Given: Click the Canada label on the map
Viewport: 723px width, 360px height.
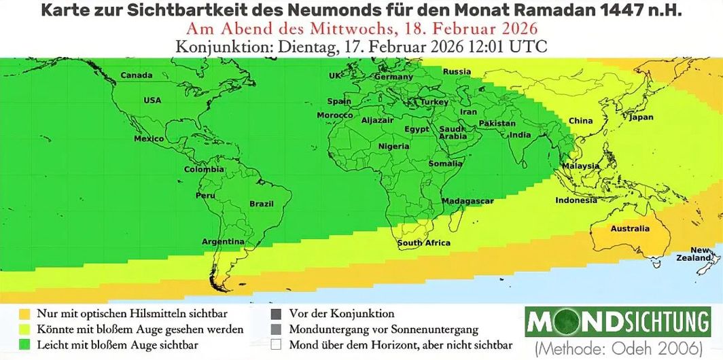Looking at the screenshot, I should tap(136, 75).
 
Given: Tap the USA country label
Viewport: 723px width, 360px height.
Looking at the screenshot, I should tap(152, 101).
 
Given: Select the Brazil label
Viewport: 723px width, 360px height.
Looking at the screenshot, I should tap(262, 204).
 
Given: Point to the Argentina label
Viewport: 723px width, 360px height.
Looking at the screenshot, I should tap(223, 242).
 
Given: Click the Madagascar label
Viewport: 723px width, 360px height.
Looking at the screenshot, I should tap(468, 202).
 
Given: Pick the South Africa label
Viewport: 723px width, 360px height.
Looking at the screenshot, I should tap(424, 243).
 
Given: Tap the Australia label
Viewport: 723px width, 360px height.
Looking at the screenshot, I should tap(630, 229).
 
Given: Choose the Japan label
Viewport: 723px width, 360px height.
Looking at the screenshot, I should tap(641, 118).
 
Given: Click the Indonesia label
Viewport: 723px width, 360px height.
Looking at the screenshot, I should tap(576, 200).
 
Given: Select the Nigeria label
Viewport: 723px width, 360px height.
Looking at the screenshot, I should tap(393, 146).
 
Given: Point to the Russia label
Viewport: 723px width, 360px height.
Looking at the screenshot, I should tap(457, 72).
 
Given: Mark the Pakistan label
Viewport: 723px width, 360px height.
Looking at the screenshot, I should tap(497, 124).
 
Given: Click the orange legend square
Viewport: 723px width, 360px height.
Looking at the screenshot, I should tap(25, 314).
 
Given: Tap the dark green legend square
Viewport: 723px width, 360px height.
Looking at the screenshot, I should tap(25, 344).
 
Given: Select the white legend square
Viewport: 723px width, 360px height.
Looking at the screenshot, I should tap(276, 344).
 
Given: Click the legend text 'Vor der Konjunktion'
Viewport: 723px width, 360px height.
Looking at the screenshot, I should tap(341, 314).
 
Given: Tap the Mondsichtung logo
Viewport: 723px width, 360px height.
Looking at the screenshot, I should tap(618, 321).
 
